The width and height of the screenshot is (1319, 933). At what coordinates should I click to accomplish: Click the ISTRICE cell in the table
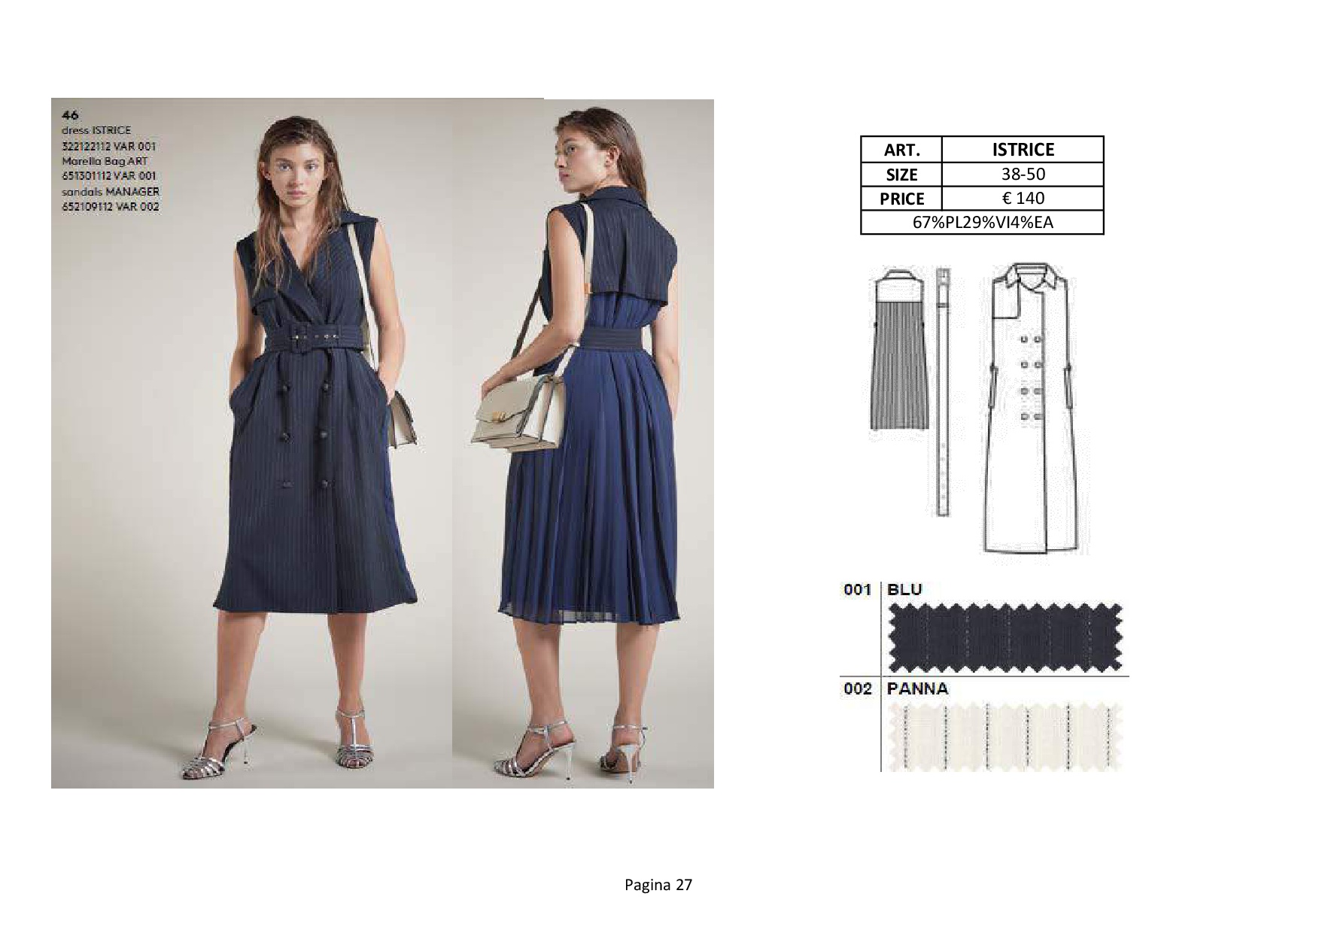[1023, 149]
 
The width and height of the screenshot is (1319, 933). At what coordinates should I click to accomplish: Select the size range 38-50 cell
[1023, 174]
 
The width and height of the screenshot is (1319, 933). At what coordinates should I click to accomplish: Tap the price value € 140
[1023, 198]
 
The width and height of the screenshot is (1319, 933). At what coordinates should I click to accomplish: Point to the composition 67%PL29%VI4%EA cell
[982, 223]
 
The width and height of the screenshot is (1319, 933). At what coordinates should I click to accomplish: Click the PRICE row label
[901, 199]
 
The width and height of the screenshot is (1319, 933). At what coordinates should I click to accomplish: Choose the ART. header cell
[901, 149]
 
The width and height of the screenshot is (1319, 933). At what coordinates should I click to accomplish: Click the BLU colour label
[904, 589]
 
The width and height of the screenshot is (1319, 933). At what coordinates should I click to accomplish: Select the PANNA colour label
[917, 688]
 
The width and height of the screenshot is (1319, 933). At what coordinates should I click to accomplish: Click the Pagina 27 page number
[658, 885]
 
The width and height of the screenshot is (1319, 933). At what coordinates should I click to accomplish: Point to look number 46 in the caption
[70, 115]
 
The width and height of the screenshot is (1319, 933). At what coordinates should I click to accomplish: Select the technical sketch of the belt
[942, 391]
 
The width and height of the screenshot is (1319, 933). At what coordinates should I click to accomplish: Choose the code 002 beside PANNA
[858, 688]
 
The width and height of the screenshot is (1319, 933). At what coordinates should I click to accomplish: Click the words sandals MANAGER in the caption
[111, 191]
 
